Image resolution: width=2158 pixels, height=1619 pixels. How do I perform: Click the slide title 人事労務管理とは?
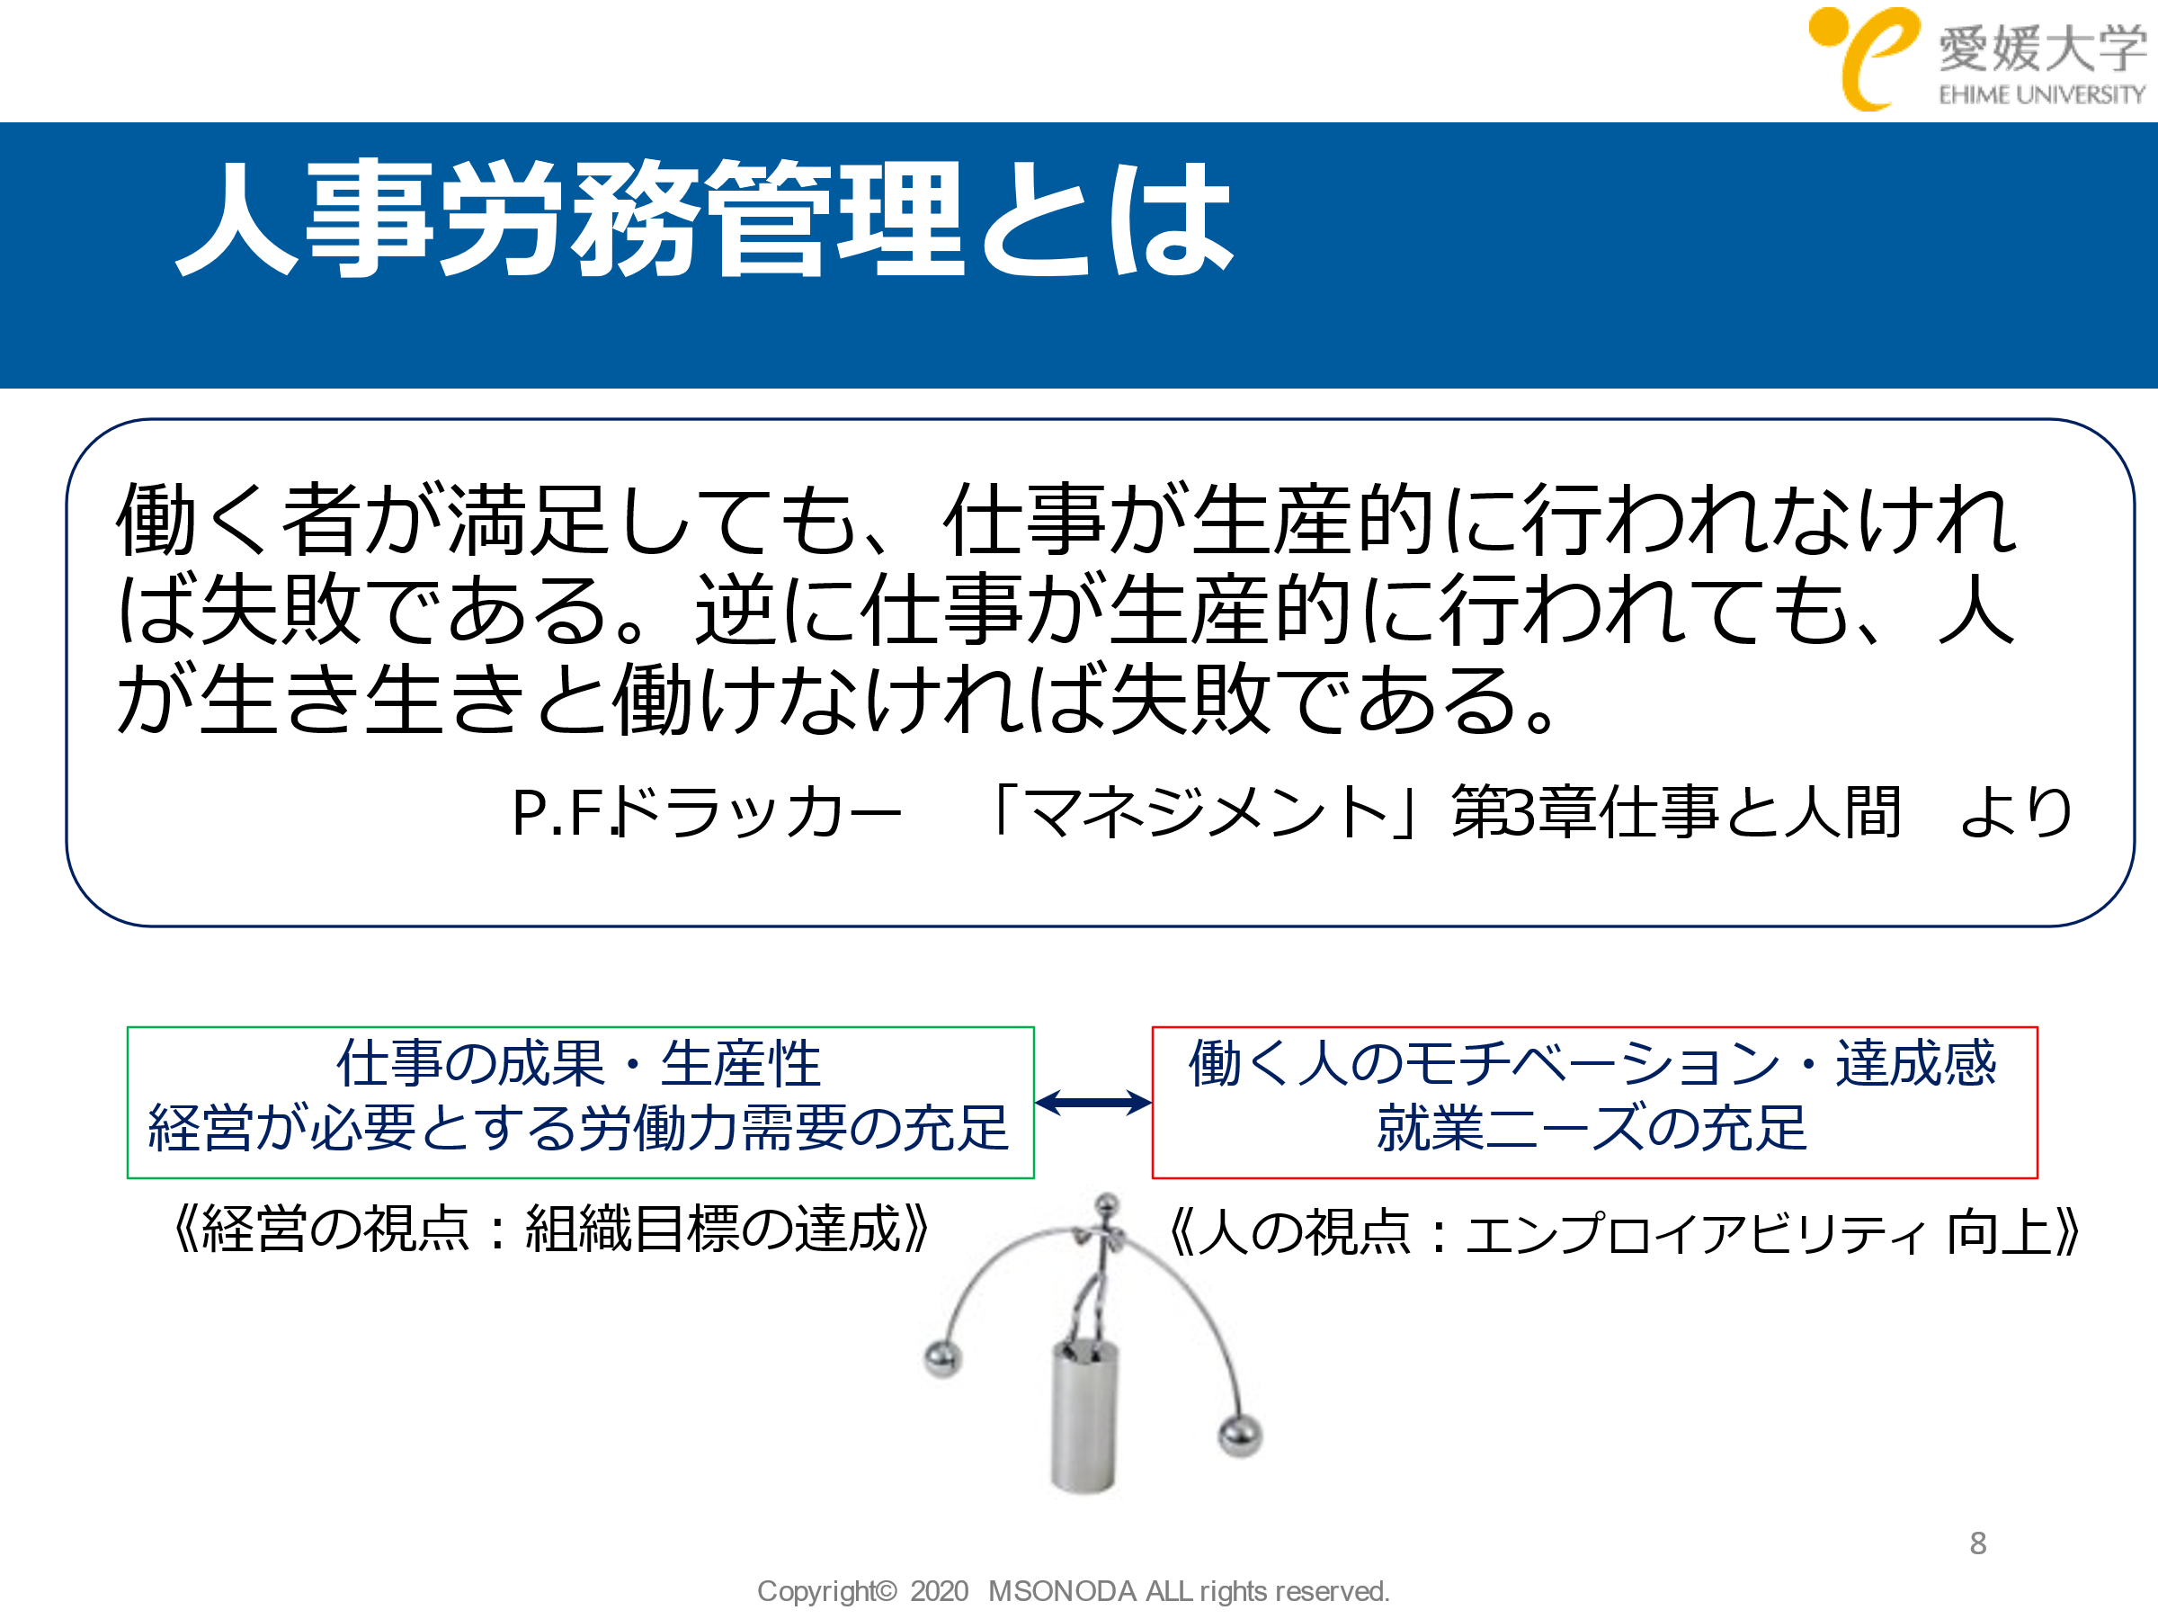tap(704, 219)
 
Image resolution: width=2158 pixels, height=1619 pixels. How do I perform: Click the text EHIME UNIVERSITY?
tap(2042, 94)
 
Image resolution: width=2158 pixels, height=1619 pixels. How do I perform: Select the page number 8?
tap(1977, 1543)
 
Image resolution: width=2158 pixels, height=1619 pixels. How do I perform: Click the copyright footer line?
tap(1073, 1591)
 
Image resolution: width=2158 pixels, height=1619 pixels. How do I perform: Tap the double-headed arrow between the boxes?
tap(1092, 1103)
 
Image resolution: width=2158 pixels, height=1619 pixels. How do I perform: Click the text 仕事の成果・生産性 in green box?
tap(578, 1063)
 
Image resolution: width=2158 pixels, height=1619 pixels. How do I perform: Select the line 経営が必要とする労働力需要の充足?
tap(578, 1128)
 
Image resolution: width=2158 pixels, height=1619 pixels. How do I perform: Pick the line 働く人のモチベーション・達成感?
tap(1592, 1063)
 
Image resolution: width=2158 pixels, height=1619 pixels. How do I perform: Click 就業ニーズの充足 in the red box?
tap(1592, 1128)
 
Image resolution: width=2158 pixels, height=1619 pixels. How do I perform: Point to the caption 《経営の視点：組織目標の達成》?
tap(551, 1229)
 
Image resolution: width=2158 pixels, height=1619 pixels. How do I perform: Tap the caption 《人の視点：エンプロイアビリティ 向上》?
tap(1626, 1232)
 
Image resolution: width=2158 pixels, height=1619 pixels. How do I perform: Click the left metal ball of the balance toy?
tap(943, 1357)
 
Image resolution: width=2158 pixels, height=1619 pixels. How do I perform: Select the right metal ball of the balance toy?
tap(1240, 1436)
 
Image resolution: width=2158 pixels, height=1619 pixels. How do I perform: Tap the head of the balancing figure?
tap(1106, 1203)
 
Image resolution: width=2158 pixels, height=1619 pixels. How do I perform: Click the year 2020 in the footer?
tap(939, 1591)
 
